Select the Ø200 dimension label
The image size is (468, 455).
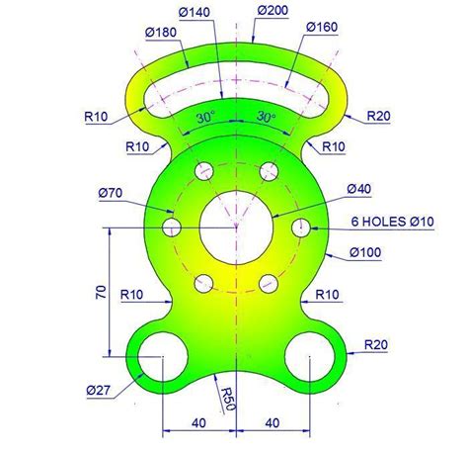pyautogui.click(x=273, y=11)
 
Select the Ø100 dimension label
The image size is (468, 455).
pyautogui.click(x=366, y=253)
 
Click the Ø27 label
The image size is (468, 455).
pyautogui.click(x=99, y=389)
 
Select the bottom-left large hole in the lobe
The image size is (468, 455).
pyautogui.click(x=161, y=358)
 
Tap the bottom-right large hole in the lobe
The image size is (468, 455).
pyautogui.click(x=311, y=358)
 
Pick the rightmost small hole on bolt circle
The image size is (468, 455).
pyautogui.click(x=301, y=228)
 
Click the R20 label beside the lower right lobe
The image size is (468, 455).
pyautogui.click(x=376, y=344)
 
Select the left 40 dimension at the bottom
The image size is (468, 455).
pyautogui.click(x=198, y=423)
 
